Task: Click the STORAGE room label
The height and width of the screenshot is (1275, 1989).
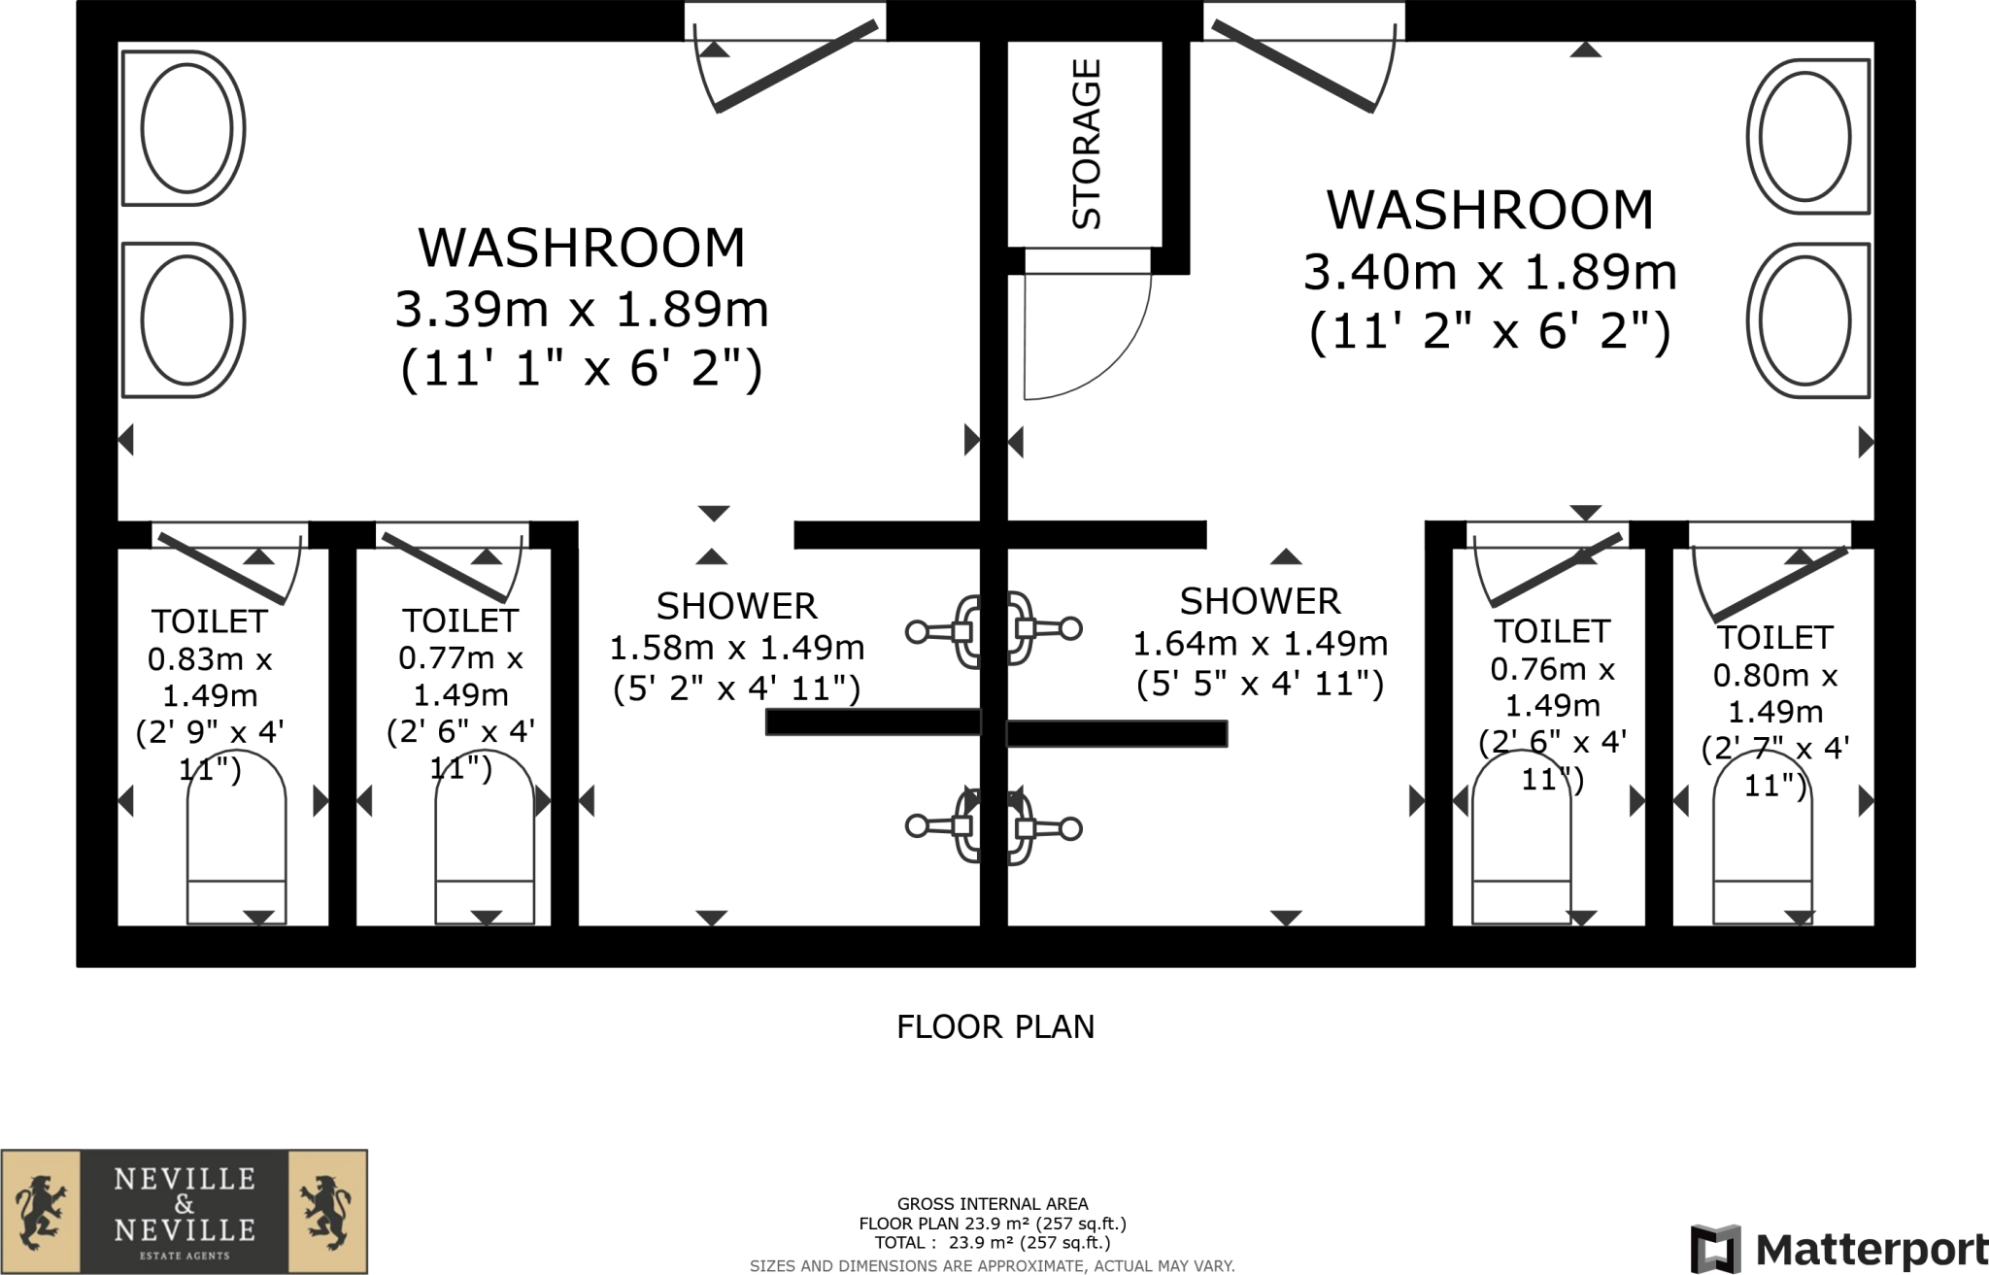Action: point(1086,144)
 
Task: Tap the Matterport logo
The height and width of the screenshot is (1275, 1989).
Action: point(1838,1249)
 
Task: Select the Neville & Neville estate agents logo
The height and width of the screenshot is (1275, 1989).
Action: point(185,1211)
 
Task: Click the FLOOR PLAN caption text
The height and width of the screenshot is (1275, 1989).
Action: point(994,1026)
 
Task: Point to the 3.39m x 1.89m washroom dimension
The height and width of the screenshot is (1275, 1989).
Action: point(582,310)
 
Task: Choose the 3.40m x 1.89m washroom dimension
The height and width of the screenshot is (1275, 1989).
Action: point(1489,272)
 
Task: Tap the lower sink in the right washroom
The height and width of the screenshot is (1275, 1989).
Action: point(1807,320)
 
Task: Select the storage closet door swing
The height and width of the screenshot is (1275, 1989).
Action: point(1083,335)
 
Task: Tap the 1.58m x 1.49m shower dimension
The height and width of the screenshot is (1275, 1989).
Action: point(736,647)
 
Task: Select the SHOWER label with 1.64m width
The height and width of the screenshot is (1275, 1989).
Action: point(1260,601)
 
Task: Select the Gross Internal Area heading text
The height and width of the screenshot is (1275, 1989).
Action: point(992,1204)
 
